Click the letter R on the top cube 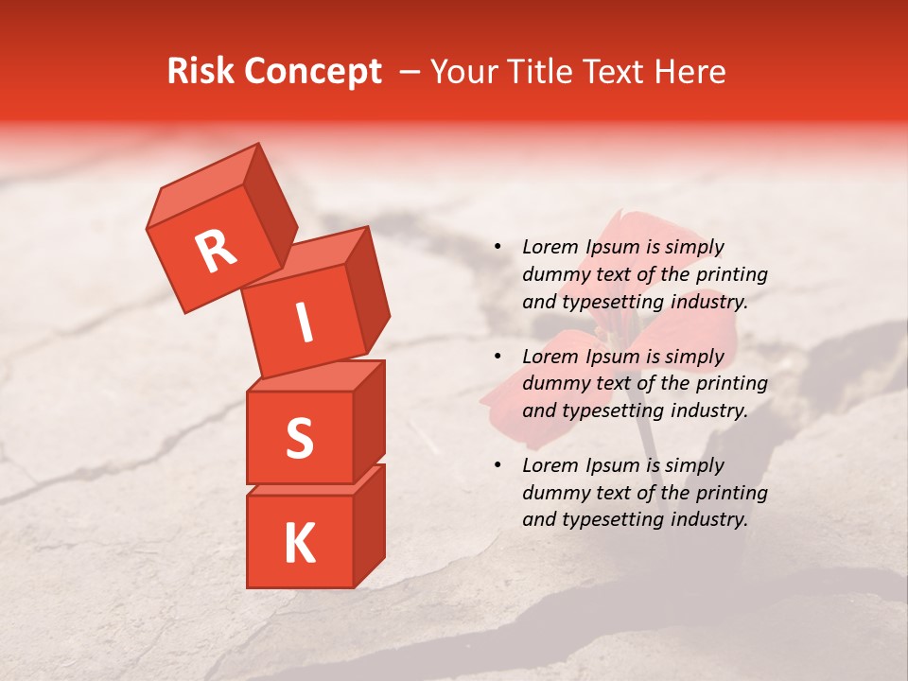pos(216,252)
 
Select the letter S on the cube pos(299,438)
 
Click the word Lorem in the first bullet pos(550,248)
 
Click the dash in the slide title pos(410,73)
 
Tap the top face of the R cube pos(203,185)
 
